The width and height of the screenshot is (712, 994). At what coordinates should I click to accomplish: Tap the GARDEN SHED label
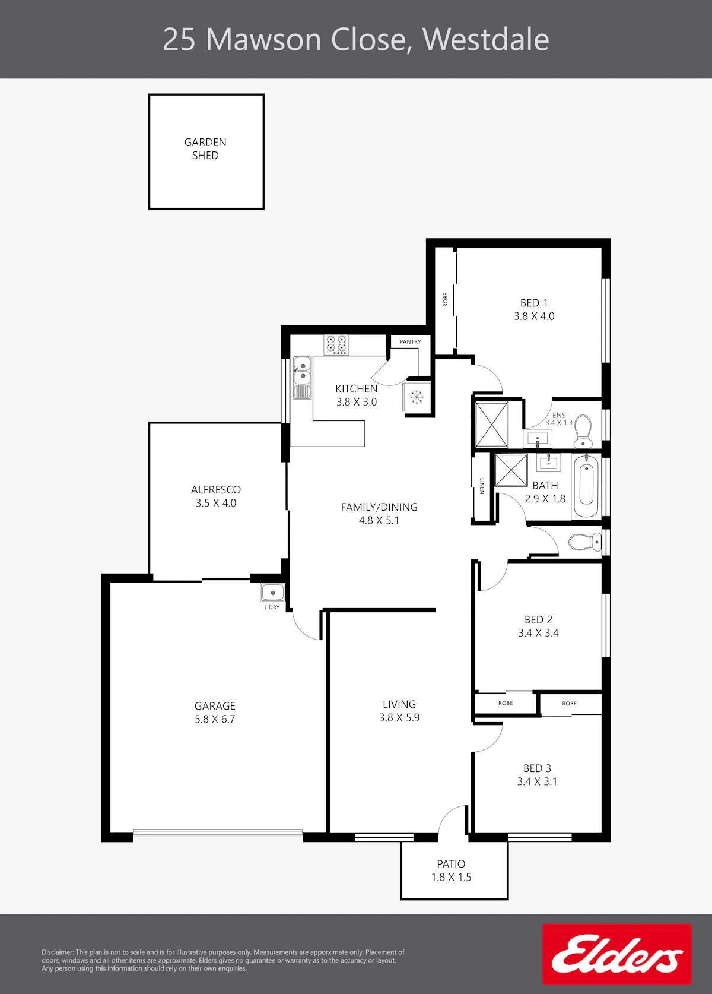click(205, 148)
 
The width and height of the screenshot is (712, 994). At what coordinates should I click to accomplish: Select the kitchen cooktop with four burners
click(336, 345)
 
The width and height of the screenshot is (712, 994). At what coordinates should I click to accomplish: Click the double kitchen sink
click(302, 378)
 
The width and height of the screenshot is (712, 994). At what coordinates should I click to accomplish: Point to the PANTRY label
click(410, 341)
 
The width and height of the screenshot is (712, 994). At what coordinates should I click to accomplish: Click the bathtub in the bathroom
click(586, 486)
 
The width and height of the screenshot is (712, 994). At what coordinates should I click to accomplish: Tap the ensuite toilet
click(583, 432)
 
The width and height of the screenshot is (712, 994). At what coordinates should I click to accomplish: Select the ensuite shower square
click(492, 424)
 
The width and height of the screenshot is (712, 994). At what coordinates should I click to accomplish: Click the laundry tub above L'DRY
click(273, 593)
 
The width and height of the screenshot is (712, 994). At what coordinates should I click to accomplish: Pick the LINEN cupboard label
click(482, 486)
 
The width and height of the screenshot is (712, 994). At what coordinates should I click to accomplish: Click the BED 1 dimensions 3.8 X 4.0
click(534, 316)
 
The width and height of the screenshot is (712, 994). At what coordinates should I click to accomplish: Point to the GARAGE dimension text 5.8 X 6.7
click(215, 719)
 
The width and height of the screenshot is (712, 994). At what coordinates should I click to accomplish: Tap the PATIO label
click(452, 864)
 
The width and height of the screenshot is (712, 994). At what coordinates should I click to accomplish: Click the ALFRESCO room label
click(216, 490)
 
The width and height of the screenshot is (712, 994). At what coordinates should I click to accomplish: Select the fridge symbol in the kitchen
click(417, 397)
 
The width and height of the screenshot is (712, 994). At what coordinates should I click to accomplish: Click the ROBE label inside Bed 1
click(445, 299)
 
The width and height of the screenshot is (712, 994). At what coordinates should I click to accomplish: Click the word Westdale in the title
click(486, 40)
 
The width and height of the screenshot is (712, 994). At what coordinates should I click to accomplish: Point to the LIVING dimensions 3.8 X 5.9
click(399, 717)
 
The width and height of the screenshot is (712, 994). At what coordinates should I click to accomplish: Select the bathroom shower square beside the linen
click(511, 471)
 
